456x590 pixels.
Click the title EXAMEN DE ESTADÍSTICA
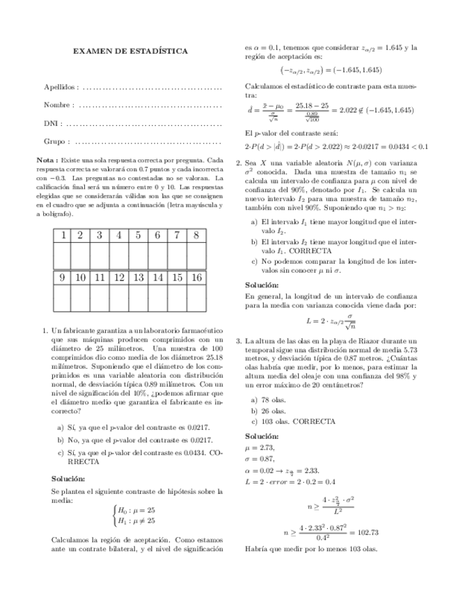tap(130, 51)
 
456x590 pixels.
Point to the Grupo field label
tap(56, 141)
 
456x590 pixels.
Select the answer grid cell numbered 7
tap(178, 235)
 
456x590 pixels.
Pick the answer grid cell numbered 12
tap(119, 278)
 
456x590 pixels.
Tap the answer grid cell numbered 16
tap(197, 278)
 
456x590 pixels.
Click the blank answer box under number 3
tap(100, 256)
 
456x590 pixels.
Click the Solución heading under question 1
tap(68, 479)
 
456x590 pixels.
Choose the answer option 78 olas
tap(268, 399)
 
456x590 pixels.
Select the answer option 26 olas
tap(268, 410)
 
